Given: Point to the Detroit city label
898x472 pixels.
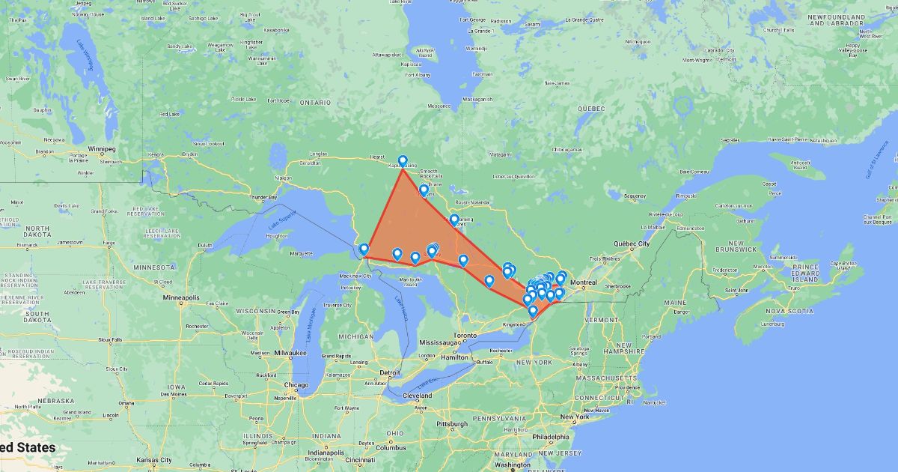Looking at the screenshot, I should click(391, 372).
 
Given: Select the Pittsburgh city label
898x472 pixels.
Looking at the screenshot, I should click(453, 424).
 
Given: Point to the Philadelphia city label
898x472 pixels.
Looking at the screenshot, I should click(555, 438).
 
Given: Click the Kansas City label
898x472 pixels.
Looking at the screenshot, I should click(154, 460).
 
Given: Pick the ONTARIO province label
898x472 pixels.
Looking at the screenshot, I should click(315, 102).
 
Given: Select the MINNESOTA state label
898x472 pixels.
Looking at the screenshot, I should click(153, 266).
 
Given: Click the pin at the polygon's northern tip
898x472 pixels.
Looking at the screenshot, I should click(403, 161).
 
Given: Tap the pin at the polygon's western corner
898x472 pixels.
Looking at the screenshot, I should click(364, 249).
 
